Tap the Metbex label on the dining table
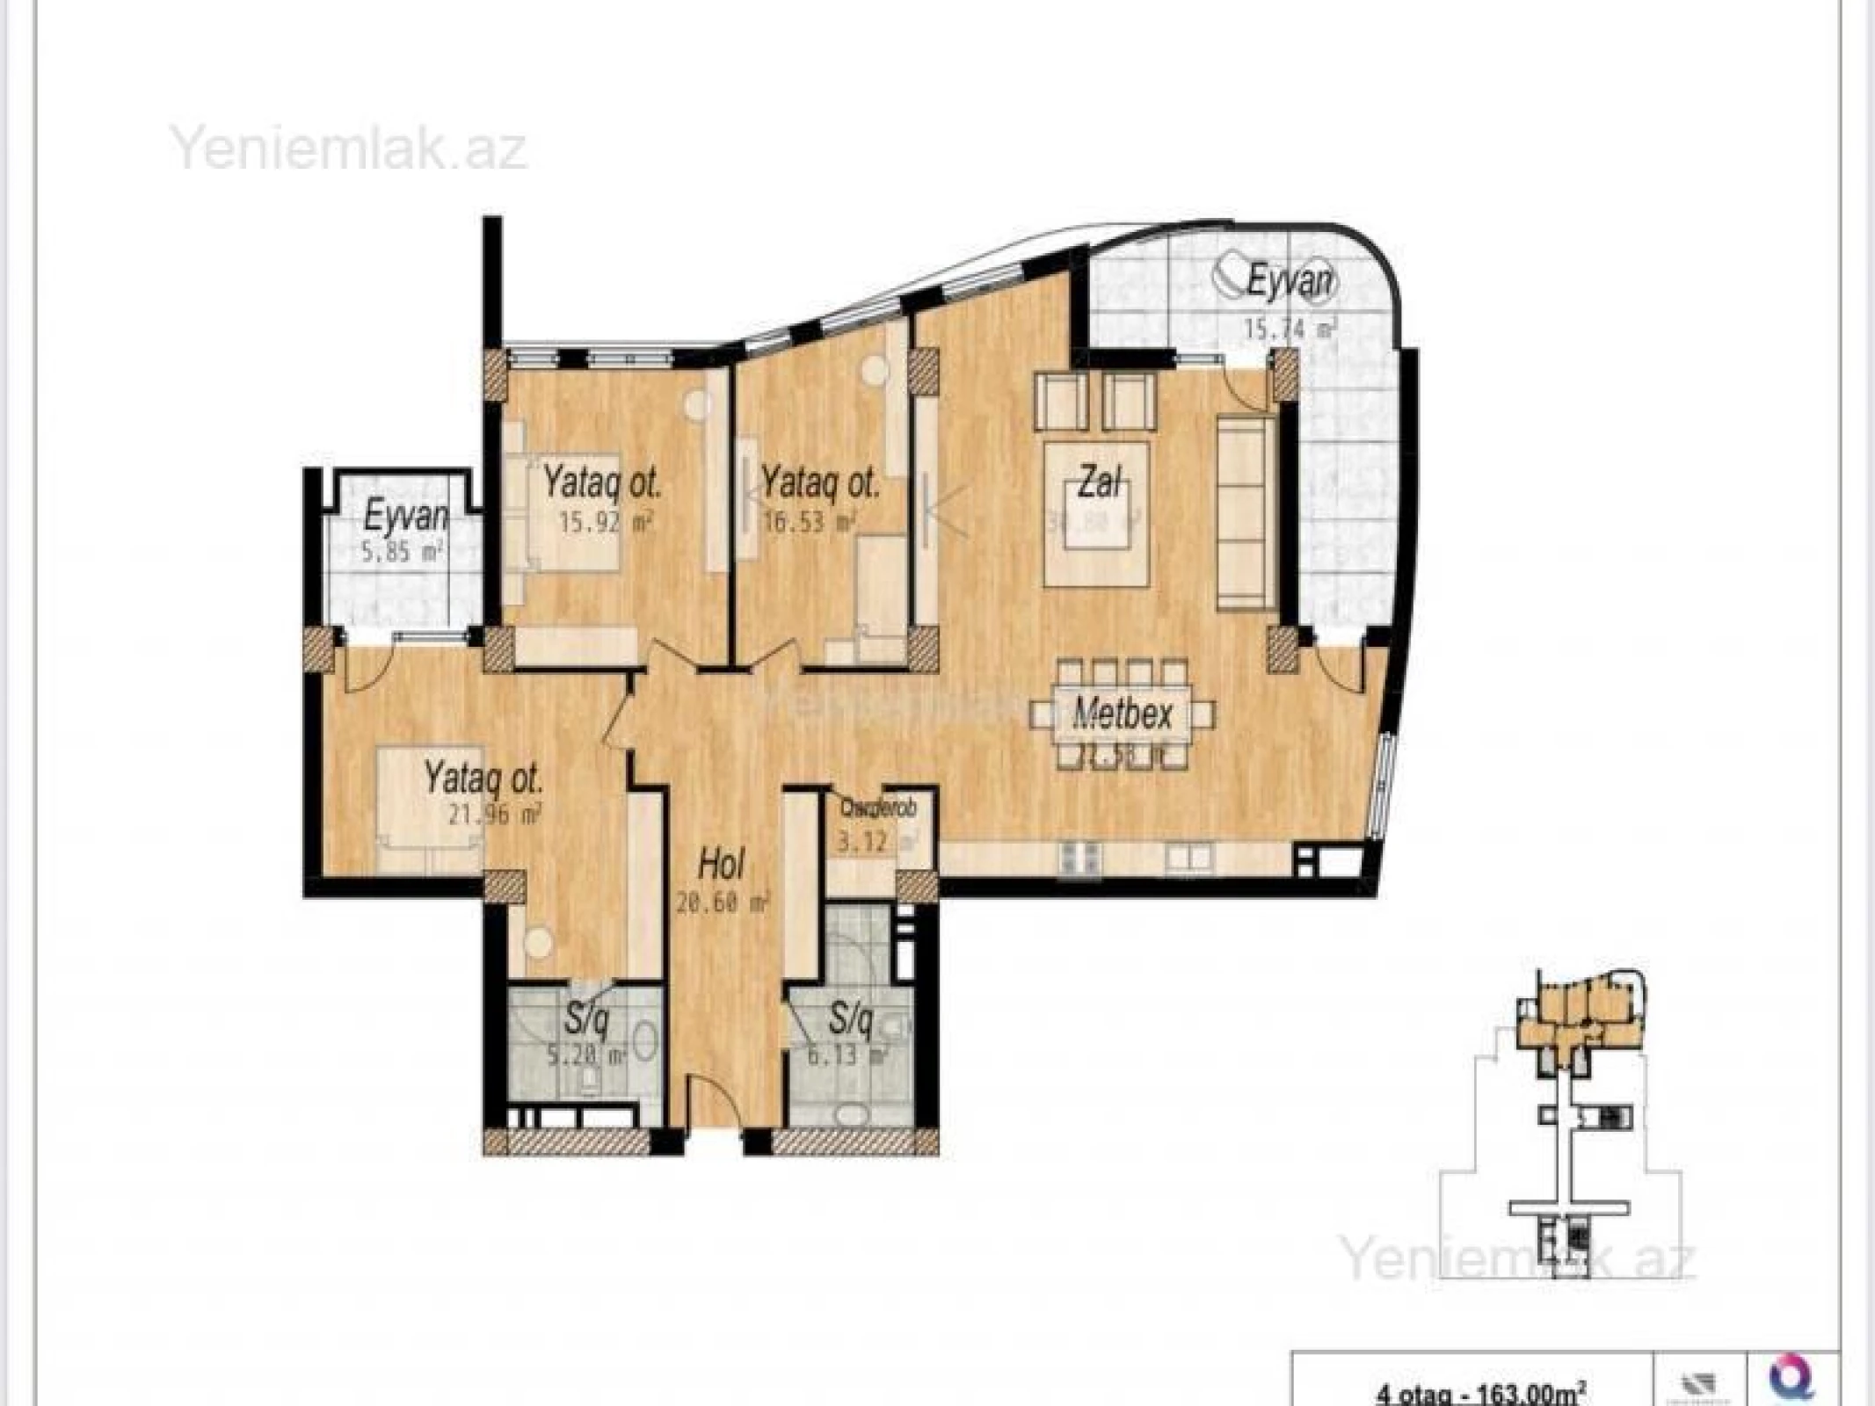1123,714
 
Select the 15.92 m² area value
607,524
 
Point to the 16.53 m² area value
816,524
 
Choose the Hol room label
721,865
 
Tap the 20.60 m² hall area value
723,902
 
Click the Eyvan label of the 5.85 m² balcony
405,517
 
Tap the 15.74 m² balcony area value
1289,329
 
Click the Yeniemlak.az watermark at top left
349,149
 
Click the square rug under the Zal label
1096,514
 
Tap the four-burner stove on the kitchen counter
1081,859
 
